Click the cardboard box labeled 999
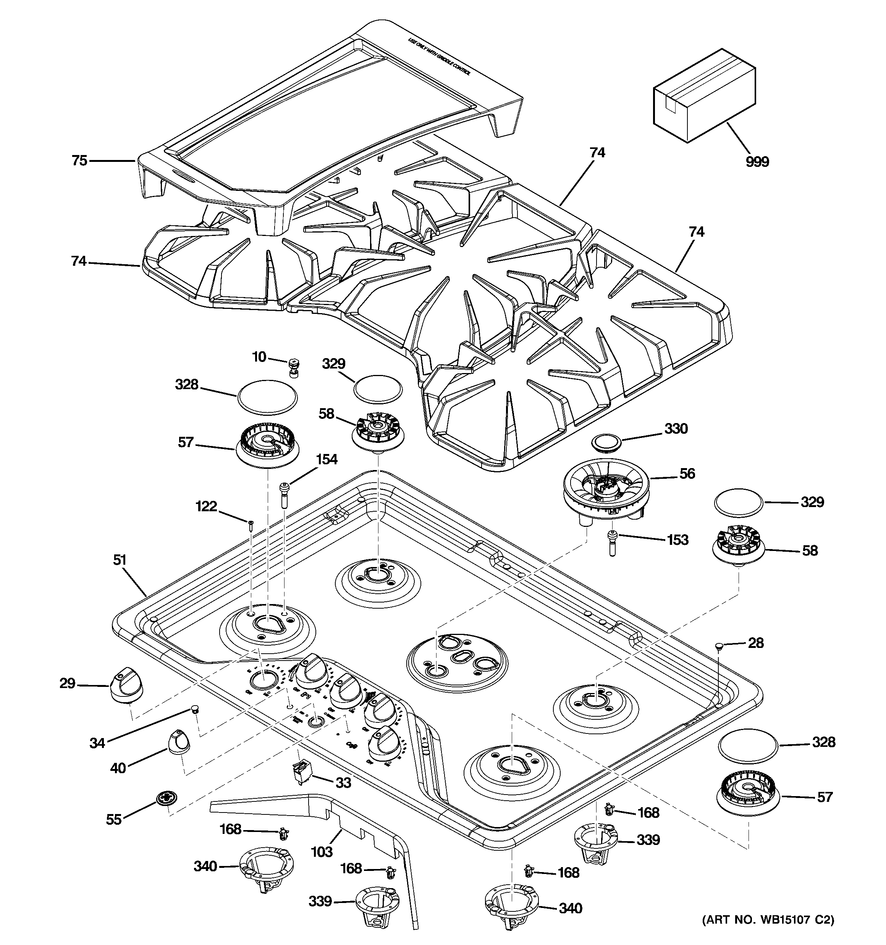tap(704, 95)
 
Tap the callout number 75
tap(79, 161)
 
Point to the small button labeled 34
tap(194, 710)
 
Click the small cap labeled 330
tap(606, 442)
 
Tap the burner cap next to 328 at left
tap(267, 397)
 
